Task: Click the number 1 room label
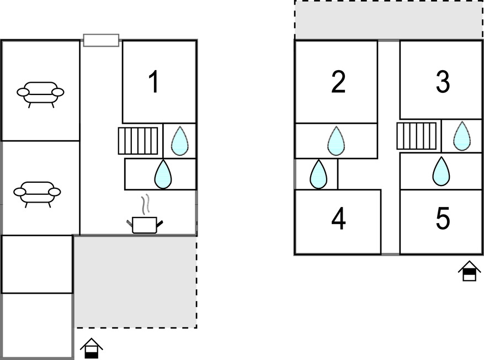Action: pos(154,82)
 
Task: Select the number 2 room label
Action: pos(338,82)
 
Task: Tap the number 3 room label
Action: pos(443,82)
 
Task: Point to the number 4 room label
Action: pos(338,219)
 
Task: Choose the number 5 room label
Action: pos(443,219)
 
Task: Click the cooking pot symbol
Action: pos(145,225)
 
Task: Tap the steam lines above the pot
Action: pos(145,204)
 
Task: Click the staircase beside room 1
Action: pos(138,141)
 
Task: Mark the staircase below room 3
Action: pos(417,136)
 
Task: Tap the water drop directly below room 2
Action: pos(336,141)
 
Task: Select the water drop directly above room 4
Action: pos(318,174)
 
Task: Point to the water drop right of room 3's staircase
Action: pos(462,136)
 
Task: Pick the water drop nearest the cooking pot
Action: pos(163,174)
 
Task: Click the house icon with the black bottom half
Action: pos(92,348)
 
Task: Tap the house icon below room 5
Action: pos(469,271)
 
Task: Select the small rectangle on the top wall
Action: pos(101,40)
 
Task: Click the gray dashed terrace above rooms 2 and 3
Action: pos(389,20)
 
